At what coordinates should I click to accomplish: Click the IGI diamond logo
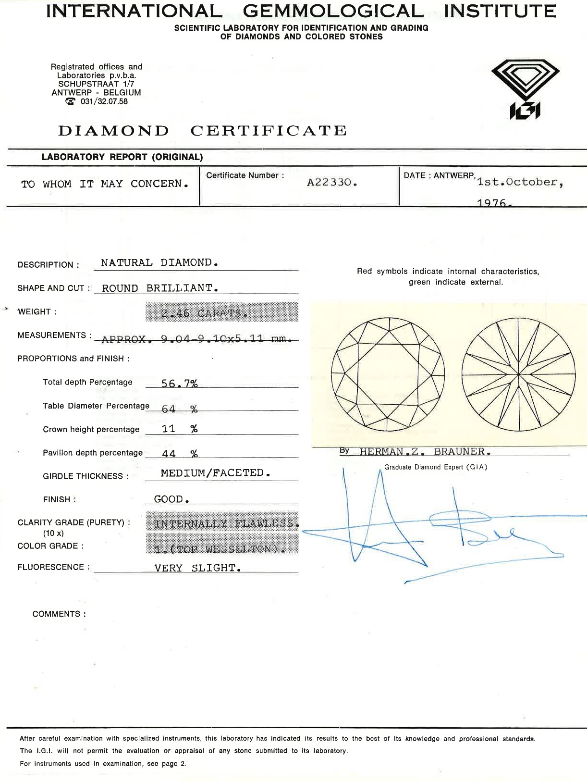[x=526, y=89]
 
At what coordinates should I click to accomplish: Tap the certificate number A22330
[x=332, y=183]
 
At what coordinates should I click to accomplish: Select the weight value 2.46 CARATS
[x=205, y=313]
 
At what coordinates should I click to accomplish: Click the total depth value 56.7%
[x=179, y=384]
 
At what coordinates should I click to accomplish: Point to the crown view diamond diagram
[x=388, y=374]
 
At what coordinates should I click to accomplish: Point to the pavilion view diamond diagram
[x=519, y=374]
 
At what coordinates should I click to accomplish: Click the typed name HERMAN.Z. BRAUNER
[x=425, y=452]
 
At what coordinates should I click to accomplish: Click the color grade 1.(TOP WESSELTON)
[x=220, y=549]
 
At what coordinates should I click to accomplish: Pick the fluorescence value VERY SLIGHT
[x=197, y=568]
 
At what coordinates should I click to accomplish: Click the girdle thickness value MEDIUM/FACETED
[x=215, y=473]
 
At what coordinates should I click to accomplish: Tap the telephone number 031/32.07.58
[x=104, y=101]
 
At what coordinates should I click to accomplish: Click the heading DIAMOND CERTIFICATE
[x=202, y=131]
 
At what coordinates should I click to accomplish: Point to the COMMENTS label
[x=59, y=614]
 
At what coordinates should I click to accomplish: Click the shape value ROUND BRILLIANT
[x=160, y=288]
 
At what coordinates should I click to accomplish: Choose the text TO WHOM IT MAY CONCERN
[x=104, y=184]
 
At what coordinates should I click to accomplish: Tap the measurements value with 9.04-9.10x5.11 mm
[x=197, y=339]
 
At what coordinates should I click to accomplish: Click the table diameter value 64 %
[x=179, y=409]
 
